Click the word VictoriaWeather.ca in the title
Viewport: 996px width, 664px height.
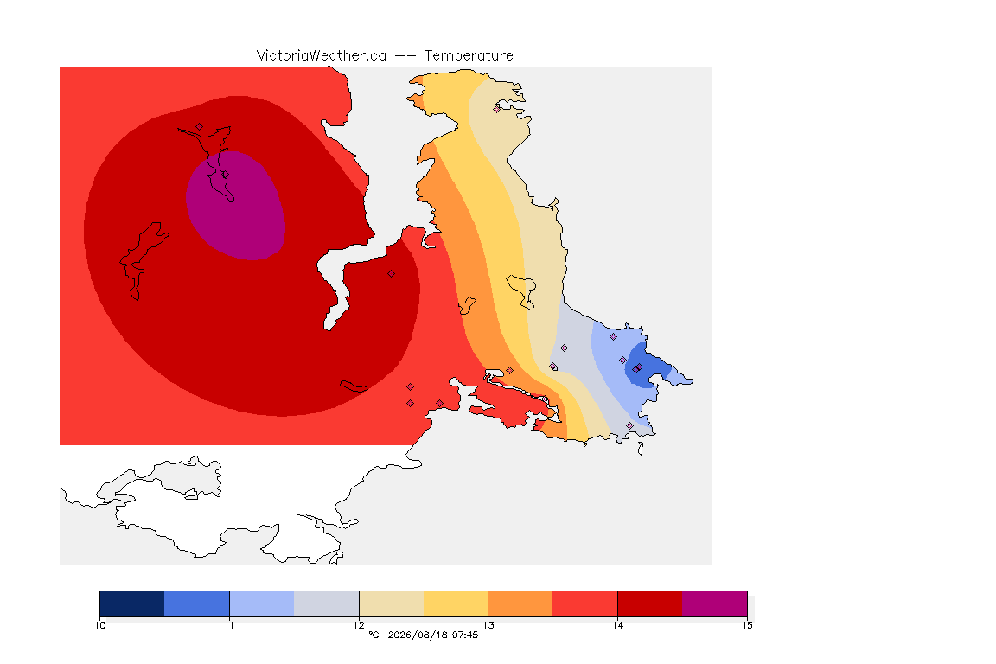tap(322, 56)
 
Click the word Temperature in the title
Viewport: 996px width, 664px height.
tap(469, 56)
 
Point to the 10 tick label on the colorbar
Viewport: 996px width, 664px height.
tap(99, 625)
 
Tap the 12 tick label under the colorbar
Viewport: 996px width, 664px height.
tap(359, 625)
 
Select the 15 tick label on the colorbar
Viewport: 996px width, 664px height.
tap(747, 625)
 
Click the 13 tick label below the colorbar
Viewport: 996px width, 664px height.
tap(488, 625)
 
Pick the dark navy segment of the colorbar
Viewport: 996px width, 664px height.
tap(132, 603)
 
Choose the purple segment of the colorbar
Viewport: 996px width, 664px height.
tap(715, 603)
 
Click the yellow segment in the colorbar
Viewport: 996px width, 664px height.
tap(456, 603)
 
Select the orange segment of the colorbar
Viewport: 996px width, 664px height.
tap(520, 603)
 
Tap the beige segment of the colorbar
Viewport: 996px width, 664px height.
tap(392, 603)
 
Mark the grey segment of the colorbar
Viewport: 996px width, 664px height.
tap(327, 603)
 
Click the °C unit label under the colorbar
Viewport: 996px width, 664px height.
tap(373, 635)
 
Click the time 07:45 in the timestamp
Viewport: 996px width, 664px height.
tap(465, 635)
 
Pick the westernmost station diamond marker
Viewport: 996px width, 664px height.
tap(200, 126)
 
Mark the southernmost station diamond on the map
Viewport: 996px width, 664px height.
tap(629, 425)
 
